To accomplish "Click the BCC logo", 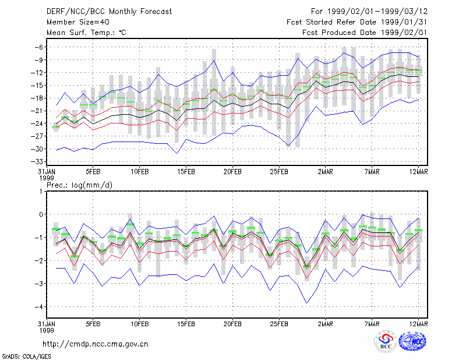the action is click(x=386, y=341).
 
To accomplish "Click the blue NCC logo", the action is click(x=412, y=341).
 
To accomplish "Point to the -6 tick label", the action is click(x=38, y=47).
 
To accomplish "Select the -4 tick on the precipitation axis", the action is click(x=38, y=307).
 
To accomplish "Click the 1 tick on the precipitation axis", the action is click(x=41, y=191).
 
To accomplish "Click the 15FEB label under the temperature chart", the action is click(x=186, y=172).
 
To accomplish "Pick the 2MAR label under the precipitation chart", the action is click(x=326, y=324).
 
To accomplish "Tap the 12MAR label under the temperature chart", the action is click(x=418, y=172).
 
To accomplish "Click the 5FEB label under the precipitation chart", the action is click(x=93, y=324).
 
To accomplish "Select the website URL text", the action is click(x=96, y=344).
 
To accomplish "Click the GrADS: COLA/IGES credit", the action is click(x=26, y=357).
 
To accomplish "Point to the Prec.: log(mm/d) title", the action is click(x=79, y=185).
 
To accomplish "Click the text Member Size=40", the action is click(x=78, y=22).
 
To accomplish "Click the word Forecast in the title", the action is click(x=156, y=12).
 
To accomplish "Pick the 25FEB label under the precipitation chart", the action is click(x=279, y=324).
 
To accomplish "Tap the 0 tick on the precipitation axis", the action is click(x=41, y=214).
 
